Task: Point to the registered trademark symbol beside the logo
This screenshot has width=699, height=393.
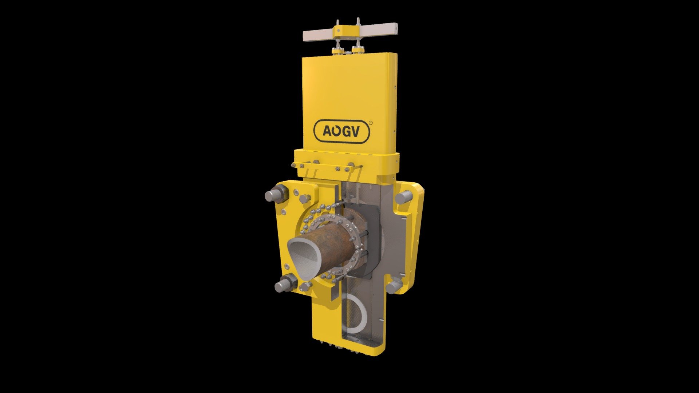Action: click(371, 123)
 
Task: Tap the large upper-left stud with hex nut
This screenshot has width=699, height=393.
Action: click(277, 194)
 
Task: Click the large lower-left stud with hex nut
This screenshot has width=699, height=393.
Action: click(286, 283)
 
